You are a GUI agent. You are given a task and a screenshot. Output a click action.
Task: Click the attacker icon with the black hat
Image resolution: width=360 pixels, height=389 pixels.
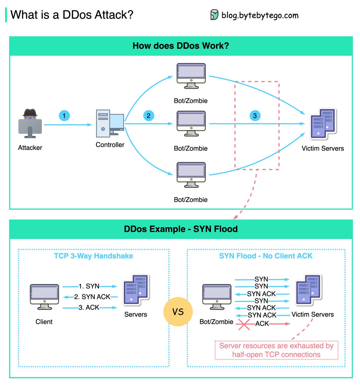click(30, 124)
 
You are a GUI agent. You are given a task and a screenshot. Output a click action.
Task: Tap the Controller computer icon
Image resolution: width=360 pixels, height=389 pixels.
click(110, 124)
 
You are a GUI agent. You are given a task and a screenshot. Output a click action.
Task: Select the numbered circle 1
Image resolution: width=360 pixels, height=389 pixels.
click(64, 116)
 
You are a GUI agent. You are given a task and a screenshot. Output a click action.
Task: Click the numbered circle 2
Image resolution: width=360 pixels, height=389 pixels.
click(149, 116)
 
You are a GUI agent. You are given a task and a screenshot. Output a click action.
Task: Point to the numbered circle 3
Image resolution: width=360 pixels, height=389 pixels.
click(255, 116)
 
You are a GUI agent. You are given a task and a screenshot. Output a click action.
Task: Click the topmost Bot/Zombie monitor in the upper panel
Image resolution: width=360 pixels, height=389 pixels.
click(191, 76)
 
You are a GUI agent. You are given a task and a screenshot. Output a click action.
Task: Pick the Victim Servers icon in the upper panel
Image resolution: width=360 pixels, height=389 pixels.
click(323, 124)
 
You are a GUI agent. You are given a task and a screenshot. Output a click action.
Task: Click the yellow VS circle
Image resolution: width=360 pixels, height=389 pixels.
click(178, 312)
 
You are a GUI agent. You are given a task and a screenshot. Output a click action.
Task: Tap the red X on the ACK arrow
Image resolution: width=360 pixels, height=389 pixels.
click(244, 324)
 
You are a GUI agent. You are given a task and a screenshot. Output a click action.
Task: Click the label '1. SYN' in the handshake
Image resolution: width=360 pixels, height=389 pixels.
click(89, 286)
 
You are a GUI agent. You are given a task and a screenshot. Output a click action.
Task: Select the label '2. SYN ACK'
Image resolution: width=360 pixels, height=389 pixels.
click(92, 297)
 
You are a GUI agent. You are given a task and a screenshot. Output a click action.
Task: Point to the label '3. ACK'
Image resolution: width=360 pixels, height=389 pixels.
click(89, 308)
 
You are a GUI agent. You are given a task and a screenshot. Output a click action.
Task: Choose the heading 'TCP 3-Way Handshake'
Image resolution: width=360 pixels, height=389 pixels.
click(93, 256)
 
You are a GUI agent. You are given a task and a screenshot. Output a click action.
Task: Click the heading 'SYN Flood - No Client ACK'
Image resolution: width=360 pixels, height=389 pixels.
click(266, 256)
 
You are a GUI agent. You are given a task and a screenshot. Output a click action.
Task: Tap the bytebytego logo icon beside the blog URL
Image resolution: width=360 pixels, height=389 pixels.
click(214, 15)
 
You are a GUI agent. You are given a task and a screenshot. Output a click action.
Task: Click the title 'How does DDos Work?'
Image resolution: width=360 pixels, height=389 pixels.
click(181, 46)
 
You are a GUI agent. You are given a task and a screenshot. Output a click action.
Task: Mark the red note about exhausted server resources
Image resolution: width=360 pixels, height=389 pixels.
click(276, 350)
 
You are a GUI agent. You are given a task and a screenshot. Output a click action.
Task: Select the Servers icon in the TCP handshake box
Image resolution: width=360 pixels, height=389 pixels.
click(136, 290)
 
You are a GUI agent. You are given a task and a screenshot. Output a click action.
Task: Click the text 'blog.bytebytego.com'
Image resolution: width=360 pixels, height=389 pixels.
click(260, 15)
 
